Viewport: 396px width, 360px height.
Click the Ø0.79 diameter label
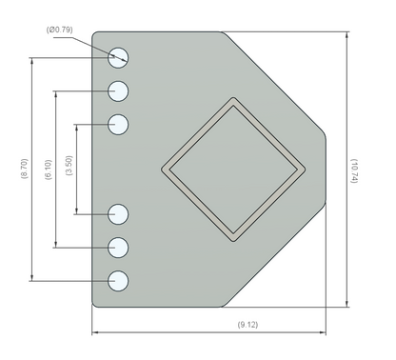pyautogui.click(x=59, y=30)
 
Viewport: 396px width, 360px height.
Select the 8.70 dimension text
pyautogui.click(x=25, y=169)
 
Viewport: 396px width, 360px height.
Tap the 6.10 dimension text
pyautogui.click(x=49, y=170)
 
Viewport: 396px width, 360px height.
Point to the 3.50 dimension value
pyautogui.click(x=69, y=166)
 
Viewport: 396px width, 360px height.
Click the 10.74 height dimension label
pyautogui.click(x=354, y=170)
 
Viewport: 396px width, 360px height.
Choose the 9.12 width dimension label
pyautogui.click(x=247, y=325)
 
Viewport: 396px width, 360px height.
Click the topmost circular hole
pyautogui.click(x=118, y=58)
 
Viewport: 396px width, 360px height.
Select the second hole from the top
pyautogui.click(x=118, y=91)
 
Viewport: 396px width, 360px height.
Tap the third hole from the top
pyautogui.click(x=118, y=125)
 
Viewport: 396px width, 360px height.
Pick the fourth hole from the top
pyautogui.click(x=118, y=214)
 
